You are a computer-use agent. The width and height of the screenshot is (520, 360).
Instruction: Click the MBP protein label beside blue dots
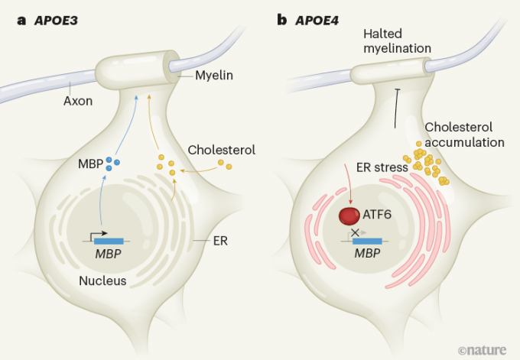coord(89,164)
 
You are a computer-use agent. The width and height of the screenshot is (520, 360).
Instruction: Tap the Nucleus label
coord(102,281)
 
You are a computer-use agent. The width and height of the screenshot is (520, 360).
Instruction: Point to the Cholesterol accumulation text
coord(464,135)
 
